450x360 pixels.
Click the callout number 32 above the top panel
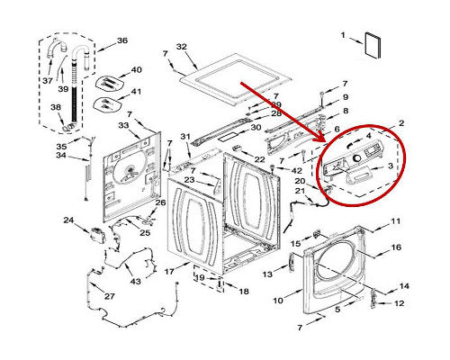(x=181, y=46)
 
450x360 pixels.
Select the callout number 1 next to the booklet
(x=343, y=35)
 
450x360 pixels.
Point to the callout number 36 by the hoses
(x=122, y=40)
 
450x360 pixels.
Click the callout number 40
(x=137, y=70)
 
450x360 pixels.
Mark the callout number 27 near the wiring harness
(x=109, y=296)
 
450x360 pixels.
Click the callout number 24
(x=68, y=220)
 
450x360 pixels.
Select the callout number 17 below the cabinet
(x=168, y=270)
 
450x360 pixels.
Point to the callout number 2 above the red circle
(x=400, y=121)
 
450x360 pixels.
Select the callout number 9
(x=345, y=96)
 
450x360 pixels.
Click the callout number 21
(x=299, y=191)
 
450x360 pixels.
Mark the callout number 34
(x=61, y=156)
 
